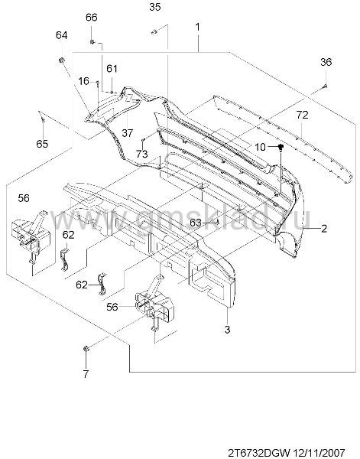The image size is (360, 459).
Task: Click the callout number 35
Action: [x=154, y=7]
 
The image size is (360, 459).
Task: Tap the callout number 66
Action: [x=91, y=18]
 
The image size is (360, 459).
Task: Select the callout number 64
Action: [x=61, y=35]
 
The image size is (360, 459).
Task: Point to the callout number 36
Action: [x=326, y=62]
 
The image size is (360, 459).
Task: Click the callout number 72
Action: [x=302, y=115]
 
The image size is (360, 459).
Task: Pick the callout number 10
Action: [x=260, y=147]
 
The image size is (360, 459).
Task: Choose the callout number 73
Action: [x=142, y=154]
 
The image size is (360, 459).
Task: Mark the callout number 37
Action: [x=128, y=133]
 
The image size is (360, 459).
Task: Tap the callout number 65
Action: [x=42, y=144]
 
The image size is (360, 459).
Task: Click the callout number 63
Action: [x=196, y=223]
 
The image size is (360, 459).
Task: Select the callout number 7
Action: [x=86, y=374]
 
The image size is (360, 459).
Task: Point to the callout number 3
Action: [x=228, y=330]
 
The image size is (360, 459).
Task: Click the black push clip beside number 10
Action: [x=281, y=147]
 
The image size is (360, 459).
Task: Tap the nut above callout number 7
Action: [x=86, y=349]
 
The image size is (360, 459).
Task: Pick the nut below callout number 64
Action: [x=61, y=60]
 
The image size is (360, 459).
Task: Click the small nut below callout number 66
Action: [x=92, y=42]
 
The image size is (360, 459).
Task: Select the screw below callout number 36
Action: [x=325, y=86]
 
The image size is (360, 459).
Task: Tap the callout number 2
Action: [x=324, y=228]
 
